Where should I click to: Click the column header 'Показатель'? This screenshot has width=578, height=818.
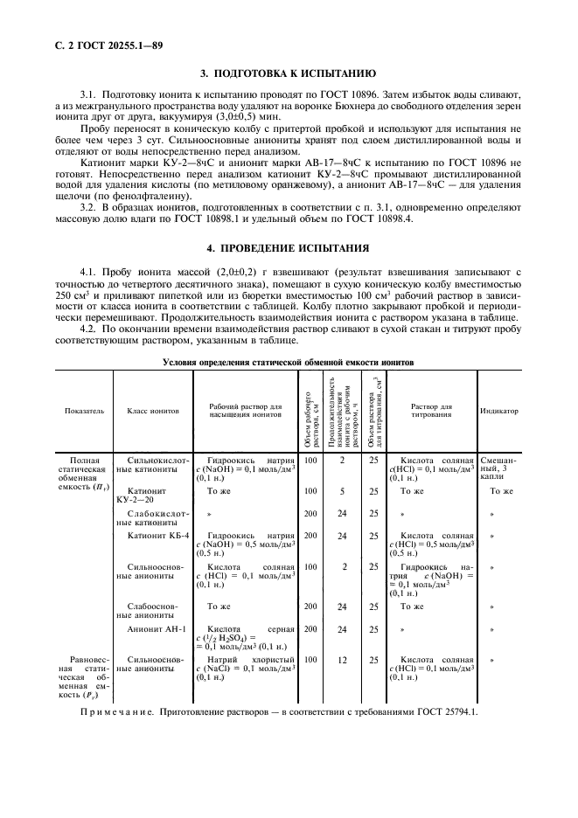[85, 410]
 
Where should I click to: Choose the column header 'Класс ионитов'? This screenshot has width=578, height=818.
[153, 410]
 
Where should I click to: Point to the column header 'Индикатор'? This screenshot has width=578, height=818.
[498, 410]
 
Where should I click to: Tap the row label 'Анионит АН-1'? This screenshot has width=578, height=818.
[150, 627]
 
